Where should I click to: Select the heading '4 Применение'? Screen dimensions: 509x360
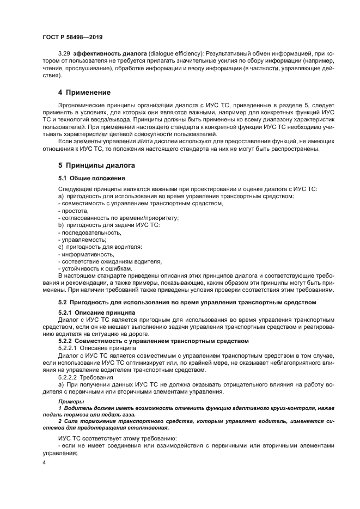(84, 92)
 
